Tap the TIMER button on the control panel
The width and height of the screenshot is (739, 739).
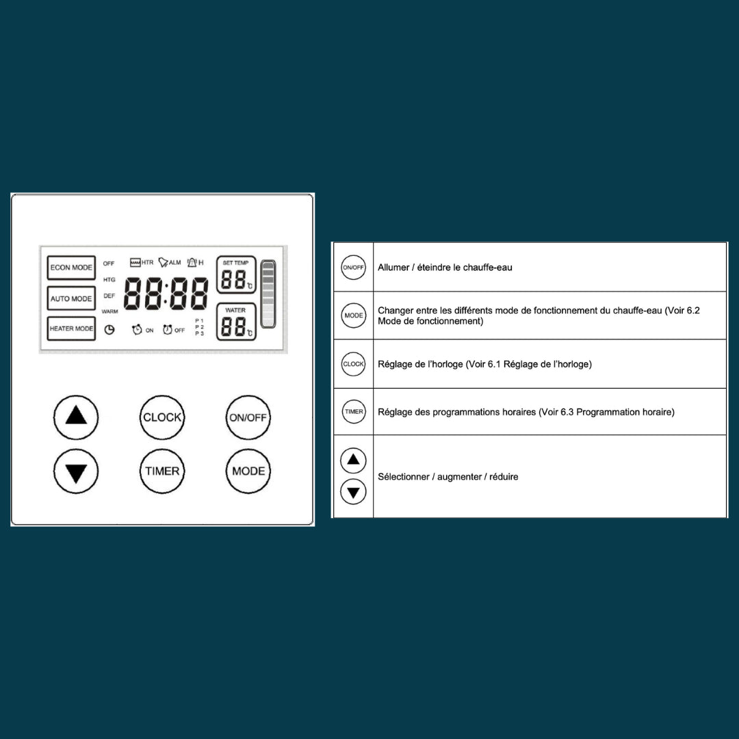[162, 471]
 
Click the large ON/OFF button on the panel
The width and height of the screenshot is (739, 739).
[248, 417]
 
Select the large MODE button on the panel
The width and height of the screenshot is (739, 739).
[248, 471]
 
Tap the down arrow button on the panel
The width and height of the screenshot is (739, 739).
[76, 471]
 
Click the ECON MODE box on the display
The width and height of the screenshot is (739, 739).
[71, 268]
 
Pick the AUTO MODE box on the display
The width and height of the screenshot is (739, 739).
[71, 298]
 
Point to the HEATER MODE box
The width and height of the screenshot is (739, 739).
[71, 328]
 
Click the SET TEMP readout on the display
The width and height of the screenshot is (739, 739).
[236, 275]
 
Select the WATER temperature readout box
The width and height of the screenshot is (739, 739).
[236, 322]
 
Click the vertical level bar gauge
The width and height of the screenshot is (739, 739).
[268, 294]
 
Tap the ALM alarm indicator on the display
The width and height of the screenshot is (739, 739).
[170, 262]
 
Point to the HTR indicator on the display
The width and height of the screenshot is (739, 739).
[142, 262]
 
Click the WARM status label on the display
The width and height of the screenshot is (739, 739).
[109, 311]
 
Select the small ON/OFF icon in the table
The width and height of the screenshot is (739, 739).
[354, 268]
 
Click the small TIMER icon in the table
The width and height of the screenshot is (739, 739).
[354, 411]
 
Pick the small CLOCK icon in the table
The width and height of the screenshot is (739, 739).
[354, 364]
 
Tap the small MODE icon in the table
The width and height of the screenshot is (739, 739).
[354, 315]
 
